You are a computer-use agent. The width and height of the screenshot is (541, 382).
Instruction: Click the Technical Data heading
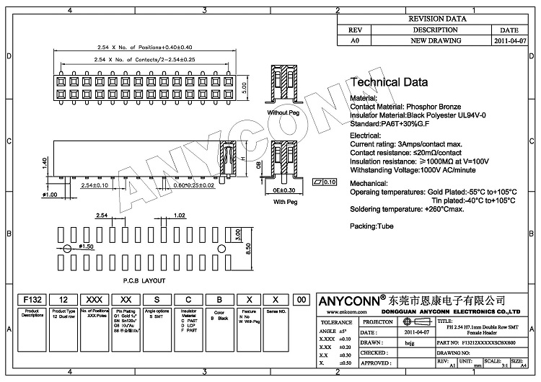388,83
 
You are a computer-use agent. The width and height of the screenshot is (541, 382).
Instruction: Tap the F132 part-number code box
33,299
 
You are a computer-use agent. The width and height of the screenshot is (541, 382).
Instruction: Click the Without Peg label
283,113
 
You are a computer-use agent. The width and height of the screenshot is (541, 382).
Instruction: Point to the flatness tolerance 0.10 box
326,182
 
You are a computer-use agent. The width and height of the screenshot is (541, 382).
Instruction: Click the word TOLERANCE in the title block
336,322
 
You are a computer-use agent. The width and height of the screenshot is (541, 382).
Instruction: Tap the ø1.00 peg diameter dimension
50,195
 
